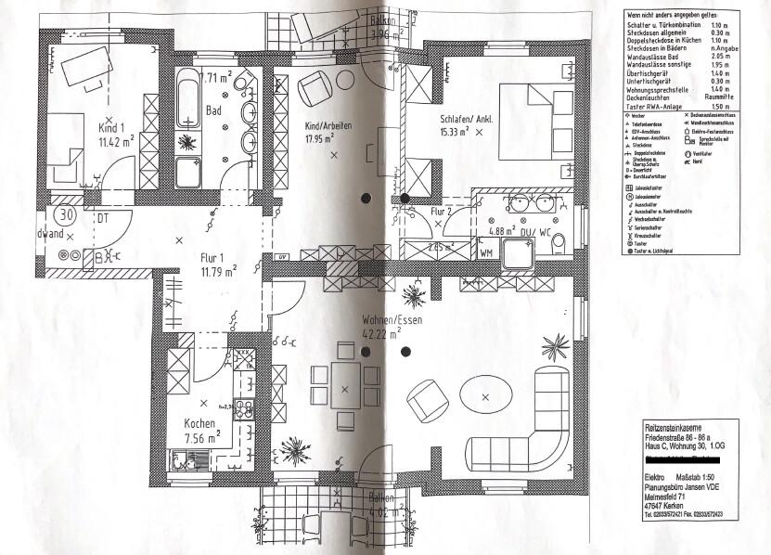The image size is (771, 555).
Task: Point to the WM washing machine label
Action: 485,251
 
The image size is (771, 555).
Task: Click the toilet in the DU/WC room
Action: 559,244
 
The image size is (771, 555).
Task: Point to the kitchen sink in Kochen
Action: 186,458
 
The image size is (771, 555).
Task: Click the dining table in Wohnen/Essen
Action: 345,389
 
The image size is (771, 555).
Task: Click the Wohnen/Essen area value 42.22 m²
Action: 380,333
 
